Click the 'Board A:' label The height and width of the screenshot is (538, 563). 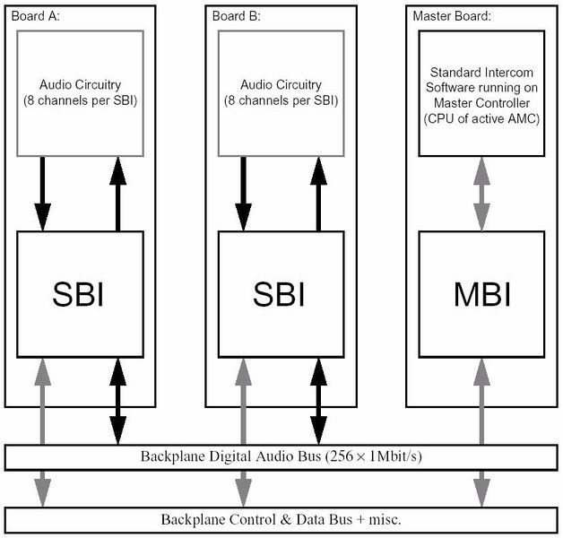point(34,16)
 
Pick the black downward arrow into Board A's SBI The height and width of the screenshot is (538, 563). point(41,192)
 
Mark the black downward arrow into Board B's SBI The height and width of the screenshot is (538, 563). point(241,192)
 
